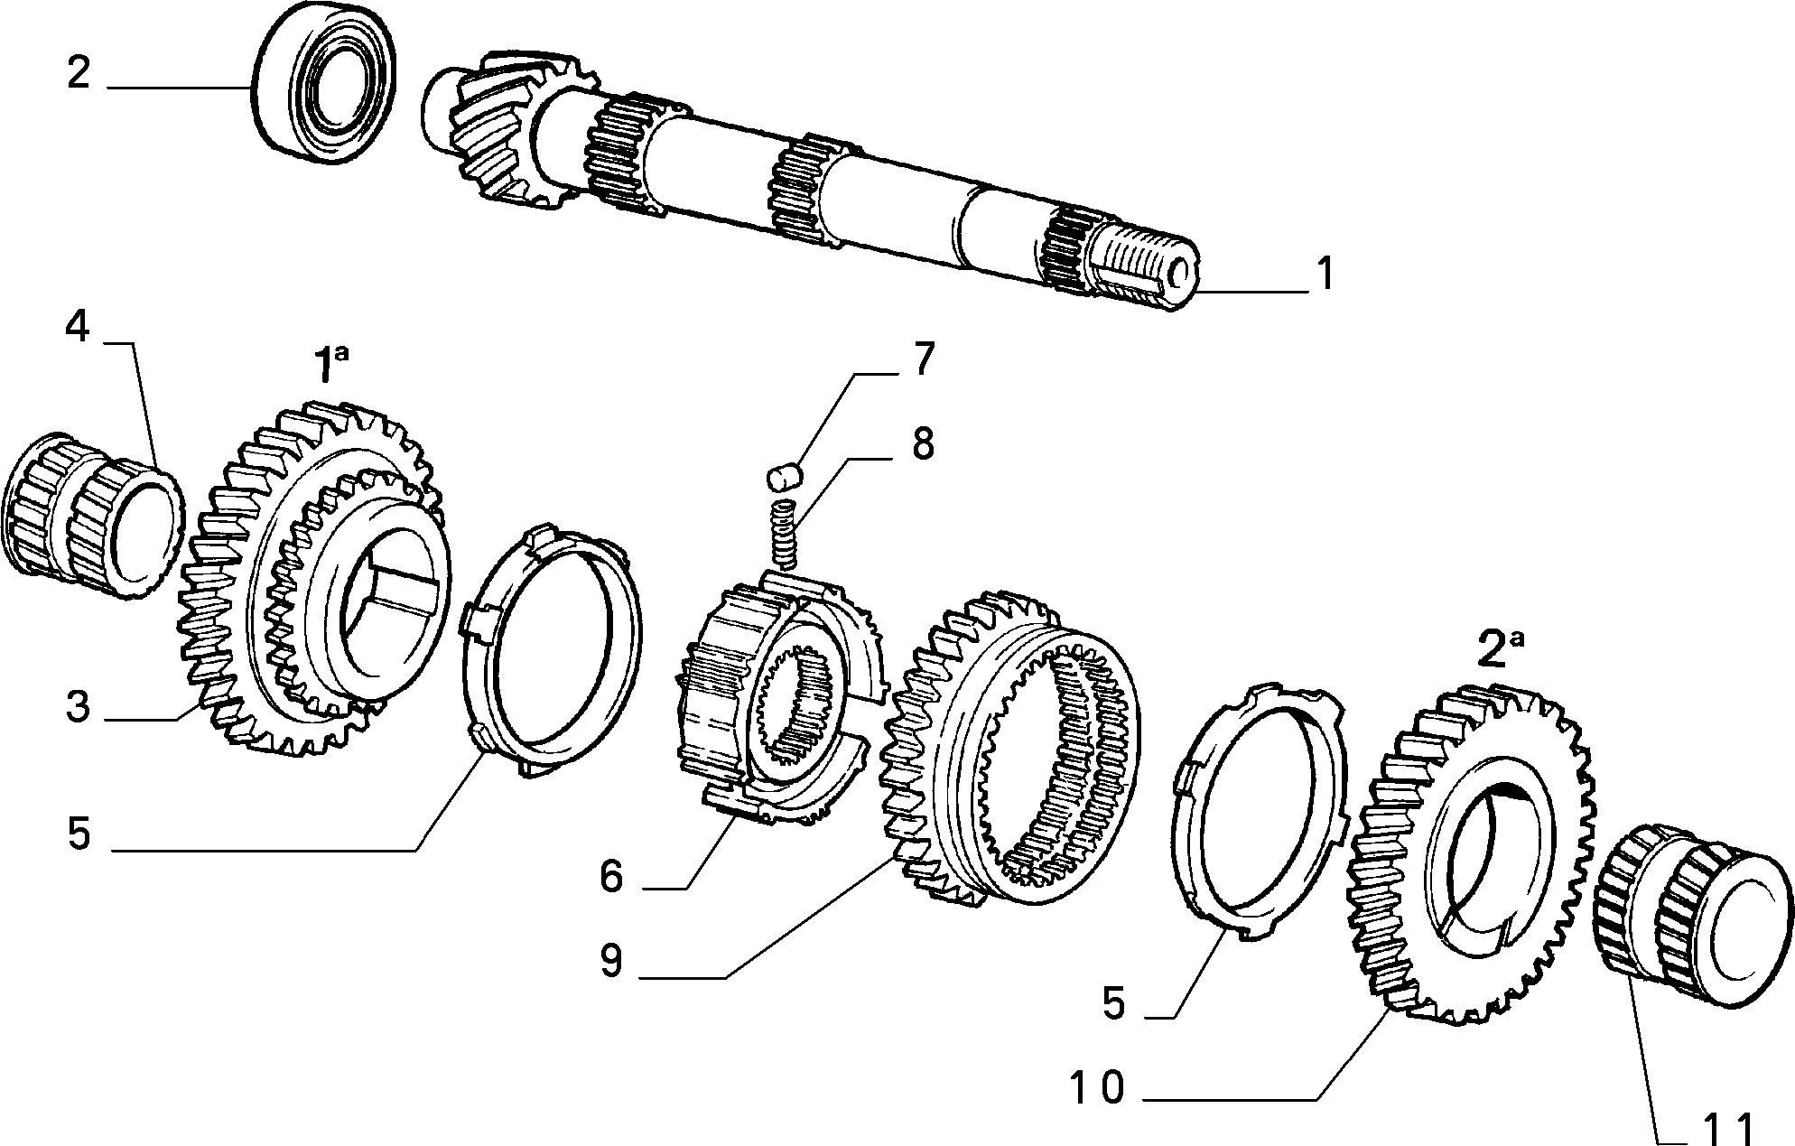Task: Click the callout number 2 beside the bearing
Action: click(79, 72)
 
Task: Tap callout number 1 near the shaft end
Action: click(1323, 273)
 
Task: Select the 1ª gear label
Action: click(330, 367)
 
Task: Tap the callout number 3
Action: click(79, 708)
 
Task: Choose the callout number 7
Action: click(921, 359)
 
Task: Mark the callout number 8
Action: click(922, 443)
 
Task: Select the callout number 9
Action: click(611, 961)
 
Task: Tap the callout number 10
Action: click(1097, 1087)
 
